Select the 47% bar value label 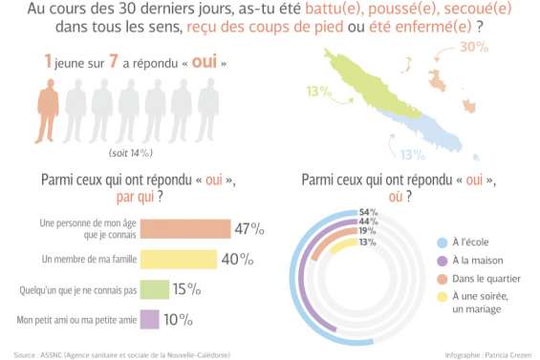[x=249, y=229]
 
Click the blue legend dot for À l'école [x=442, y=243]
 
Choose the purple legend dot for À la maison [x=442, y=260]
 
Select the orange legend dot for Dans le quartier [x=442, y=278]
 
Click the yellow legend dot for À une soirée [x=442, y=296]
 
